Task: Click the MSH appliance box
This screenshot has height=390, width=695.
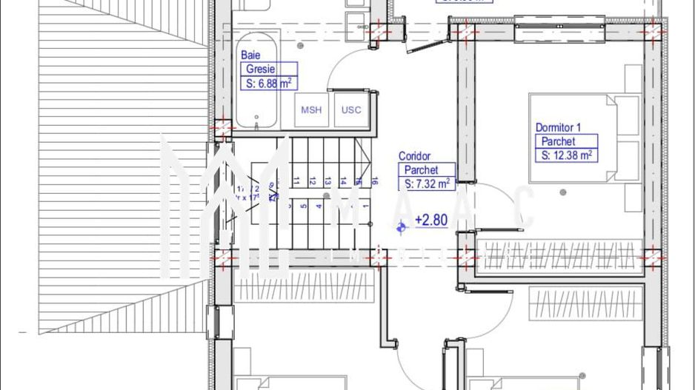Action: click(311, 110)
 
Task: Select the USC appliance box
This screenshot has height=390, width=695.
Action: click(351, 110)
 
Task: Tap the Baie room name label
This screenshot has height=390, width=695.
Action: click(250, 56)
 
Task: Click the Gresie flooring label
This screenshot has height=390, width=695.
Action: click(260, 70)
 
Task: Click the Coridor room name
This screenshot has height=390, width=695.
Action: click(414, 156)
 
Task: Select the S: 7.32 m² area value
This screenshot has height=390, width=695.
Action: click(427, 184)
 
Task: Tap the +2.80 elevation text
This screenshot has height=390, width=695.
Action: click(430, 220)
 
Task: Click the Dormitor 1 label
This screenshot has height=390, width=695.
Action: click(558, 128)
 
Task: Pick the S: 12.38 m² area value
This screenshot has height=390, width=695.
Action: click(566, 155)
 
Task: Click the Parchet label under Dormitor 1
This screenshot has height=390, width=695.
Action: click(558, 141)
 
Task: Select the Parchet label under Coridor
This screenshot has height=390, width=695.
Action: click(421, 170)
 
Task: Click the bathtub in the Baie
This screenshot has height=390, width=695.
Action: click(257, 81)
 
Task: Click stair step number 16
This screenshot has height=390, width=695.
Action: click(375, 181)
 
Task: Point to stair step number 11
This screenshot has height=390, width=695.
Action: click(296, 181)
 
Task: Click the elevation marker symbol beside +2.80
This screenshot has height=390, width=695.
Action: click(402, 227)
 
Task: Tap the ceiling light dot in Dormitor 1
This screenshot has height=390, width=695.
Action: click(564, 192)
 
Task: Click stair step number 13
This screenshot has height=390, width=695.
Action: click(327, 181)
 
